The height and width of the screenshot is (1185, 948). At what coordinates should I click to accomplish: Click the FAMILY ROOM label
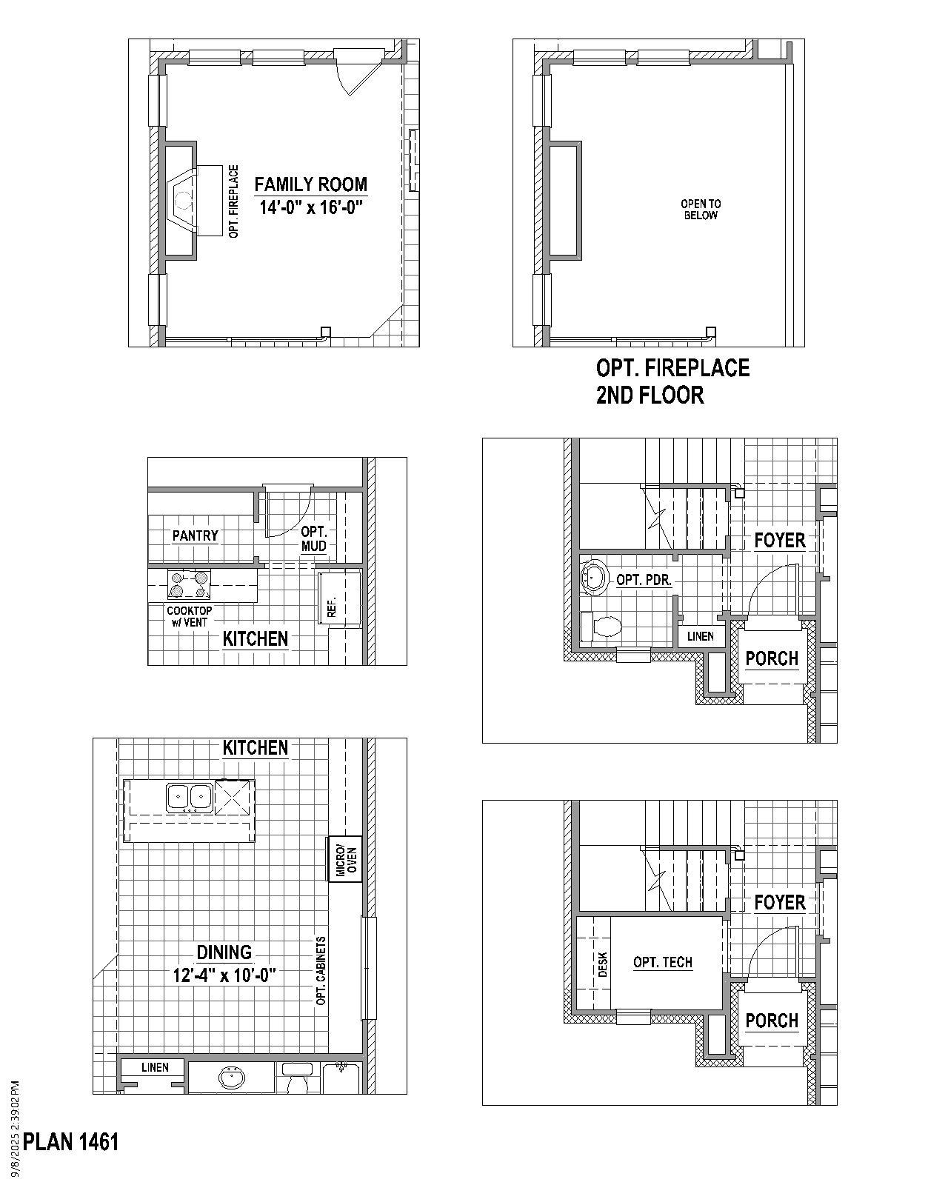coord(310,184)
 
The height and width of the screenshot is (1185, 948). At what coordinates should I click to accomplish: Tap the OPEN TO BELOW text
coord(701,210)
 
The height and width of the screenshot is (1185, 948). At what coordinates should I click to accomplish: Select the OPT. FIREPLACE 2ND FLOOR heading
coord(672,381)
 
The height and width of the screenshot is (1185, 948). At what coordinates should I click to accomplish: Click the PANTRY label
coord(195,535)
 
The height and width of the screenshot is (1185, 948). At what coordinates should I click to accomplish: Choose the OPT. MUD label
coord(314,538)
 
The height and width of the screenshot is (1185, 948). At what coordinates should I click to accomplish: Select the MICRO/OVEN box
coord(345,859)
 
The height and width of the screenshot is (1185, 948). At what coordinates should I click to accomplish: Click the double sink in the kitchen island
coord(190,796)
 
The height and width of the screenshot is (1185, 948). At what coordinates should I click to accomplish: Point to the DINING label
coord(224,952)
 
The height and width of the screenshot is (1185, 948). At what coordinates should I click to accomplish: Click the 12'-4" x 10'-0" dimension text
coord(224,975)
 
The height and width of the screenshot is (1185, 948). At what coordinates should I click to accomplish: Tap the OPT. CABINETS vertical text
coord(321,970)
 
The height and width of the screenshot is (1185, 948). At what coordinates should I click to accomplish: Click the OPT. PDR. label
coord(644,580)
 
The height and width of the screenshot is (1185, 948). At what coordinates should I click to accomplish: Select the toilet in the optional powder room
coord(601,627)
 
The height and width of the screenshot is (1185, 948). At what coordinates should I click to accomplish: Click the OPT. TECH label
coord(663,962)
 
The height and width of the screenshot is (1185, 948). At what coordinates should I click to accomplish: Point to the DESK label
coord(602,964)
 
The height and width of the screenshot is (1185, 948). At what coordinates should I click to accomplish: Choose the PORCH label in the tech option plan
coord(772,1021)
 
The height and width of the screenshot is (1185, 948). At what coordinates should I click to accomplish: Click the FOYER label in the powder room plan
coord(779,541)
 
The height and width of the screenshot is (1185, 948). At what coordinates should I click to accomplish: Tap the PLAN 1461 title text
coord(71,1142)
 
